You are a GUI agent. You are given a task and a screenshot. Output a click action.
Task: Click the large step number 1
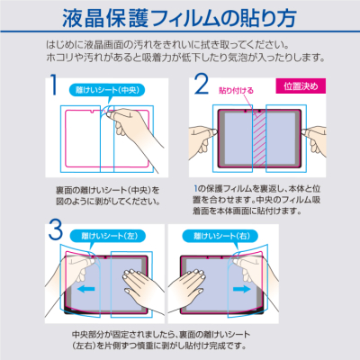[x=54, y=87]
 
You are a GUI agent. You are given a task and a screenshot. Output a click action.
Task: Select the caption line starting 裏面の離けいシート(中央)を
[x=104, y=189]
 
